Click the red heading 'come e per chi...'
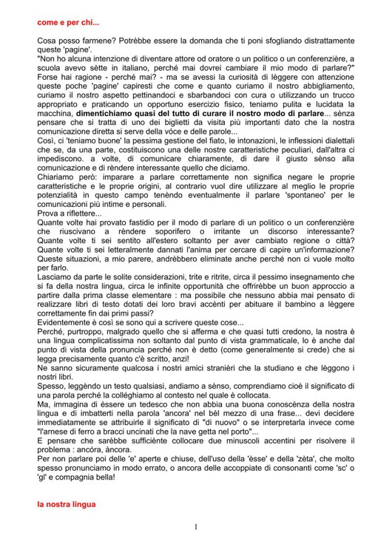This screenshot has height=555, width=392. pos(68,23)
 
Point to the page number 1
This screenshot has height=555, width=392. pos(196,527)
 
